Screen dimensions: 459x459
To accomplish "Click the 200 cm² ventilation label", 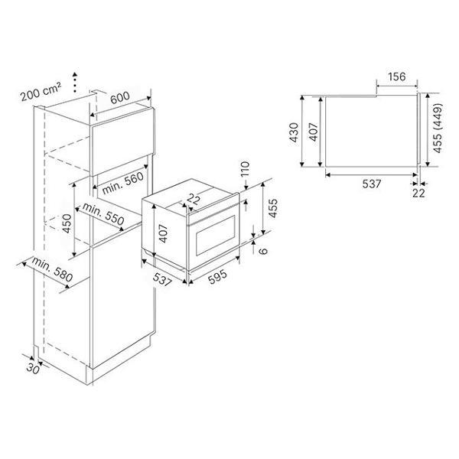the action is (x=41, y=92).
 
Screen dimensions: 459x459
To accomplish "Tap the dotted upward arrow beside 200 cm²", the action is (x=75, y=82).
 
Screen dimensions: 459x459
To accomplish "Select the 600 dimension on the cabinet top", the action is (x=120, y=97).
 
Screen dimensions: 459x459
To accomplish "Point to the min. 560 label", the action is (x=123, y=183).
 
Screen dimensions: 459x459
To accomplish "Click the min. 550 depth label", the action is (x=103, y=213).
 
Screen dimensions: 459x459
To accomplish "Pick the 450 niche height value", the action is (x=67, y=223).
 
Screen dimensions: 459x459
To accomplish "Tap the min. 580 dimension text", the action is (x=52, y=269).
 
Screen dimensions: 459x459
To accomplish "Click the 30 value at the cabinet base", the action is (x=32, y=369).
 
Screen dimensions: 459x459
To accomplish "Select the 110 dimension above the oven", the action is (x=245, y=168).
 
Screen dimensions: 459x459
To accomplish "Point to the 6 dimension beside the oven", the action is (x=263, y=251).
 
